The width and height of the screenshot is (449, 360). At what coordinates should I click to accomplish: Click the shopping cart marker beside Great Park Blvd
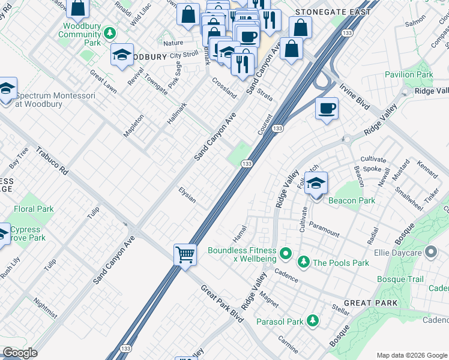pyautogui.click(x=185, y=254)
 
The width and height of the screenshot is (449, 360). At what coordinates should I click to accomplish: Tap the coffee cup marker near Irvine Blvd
pyautogui.click(x=327, y=109)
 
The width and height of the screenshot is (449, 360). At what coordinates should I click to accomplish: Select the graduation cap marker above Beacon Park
pyautogui.click(x=316, y=184)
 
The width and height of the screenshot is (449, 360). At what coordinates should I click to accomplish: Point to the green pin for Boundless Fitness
pyautogui.click(x=286, y=254)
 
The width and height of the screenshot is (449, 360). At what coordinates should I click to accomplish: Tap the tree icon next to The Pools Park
pyautogui.click(x=304, y=262)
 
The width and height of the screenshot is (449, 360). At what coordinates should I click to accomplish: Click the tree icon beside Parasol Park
pyautogui.click(x=312, y=322)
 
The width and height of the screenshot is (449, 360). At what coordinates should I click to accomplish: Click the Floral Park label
pyautogui.click(x=34, y=209)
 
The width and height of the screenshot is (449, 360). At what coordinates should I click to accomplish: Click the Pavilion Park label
pyautogui.click(x=408, y=75)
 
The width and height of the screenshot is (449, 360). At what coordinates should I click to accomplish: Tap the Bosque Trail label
pyautogui.click(x=400, y=279)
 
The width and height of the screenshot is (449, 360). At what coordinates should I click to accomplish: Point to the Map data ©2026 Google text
pyautogui.click(x=412, y=355)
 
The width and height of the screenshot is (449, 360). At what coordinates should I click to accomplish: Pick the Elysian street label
pyautogui.click(x=187, y=194)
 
